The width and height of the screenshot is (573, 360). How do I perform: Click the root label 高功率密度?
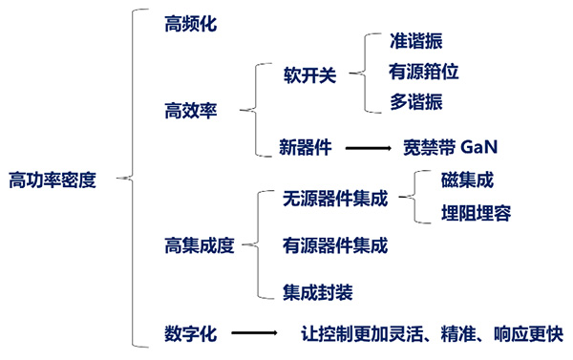point(53,179)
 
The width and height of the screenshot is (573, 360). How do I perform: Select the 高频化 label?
point(191,23)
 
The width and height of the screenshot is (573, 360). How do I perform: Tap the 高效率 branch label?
point(191,111)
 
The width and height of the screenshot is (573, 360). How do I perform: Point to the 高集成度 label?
point(199,245)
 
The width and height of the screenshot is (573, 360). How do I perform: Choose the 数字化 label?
point(191,334)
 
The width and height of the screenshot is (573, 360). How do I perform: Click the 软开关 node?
point(310,74)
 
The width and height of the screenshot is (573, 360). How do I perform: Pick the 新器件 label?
point(305,148)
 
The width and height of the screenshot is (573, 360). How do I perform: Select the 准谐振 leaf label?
point(416,42)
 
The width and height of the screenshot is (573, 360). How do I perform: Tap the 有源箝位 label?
point(423,72)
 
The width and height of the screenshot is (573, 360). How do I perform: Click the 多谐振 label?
point(416,101)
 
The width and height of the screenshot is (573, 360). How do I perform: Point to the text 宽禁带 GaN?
point(452,148)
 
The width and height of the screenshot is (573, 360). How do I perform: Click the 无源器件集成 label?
point(335,200)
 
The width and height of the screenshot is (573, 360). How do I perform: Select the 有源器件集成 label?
point(335,245)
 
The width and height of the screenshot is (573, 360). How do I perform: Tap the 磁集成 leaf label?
point(467,180)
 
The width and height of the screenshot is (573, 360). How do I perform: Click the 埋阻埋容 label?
point(476,213)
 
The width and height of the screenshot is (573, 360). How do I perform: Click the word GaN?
point(479,148)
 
